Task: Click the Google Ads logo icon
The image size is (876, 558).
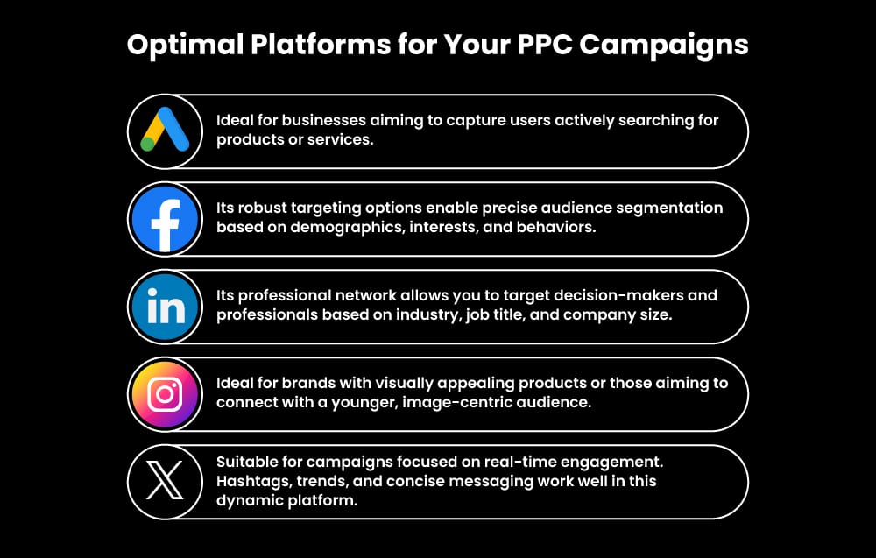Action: pos(165,131)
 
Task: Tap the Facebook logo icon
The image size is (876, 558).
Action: pos(165,219)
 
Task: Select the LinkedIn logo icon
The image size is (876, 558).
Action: pos(165,307)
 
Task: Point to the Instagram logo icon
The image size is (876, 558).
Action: pos(165,394)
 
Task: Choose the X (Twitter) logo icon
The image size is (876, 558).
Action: pos(165,482)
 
